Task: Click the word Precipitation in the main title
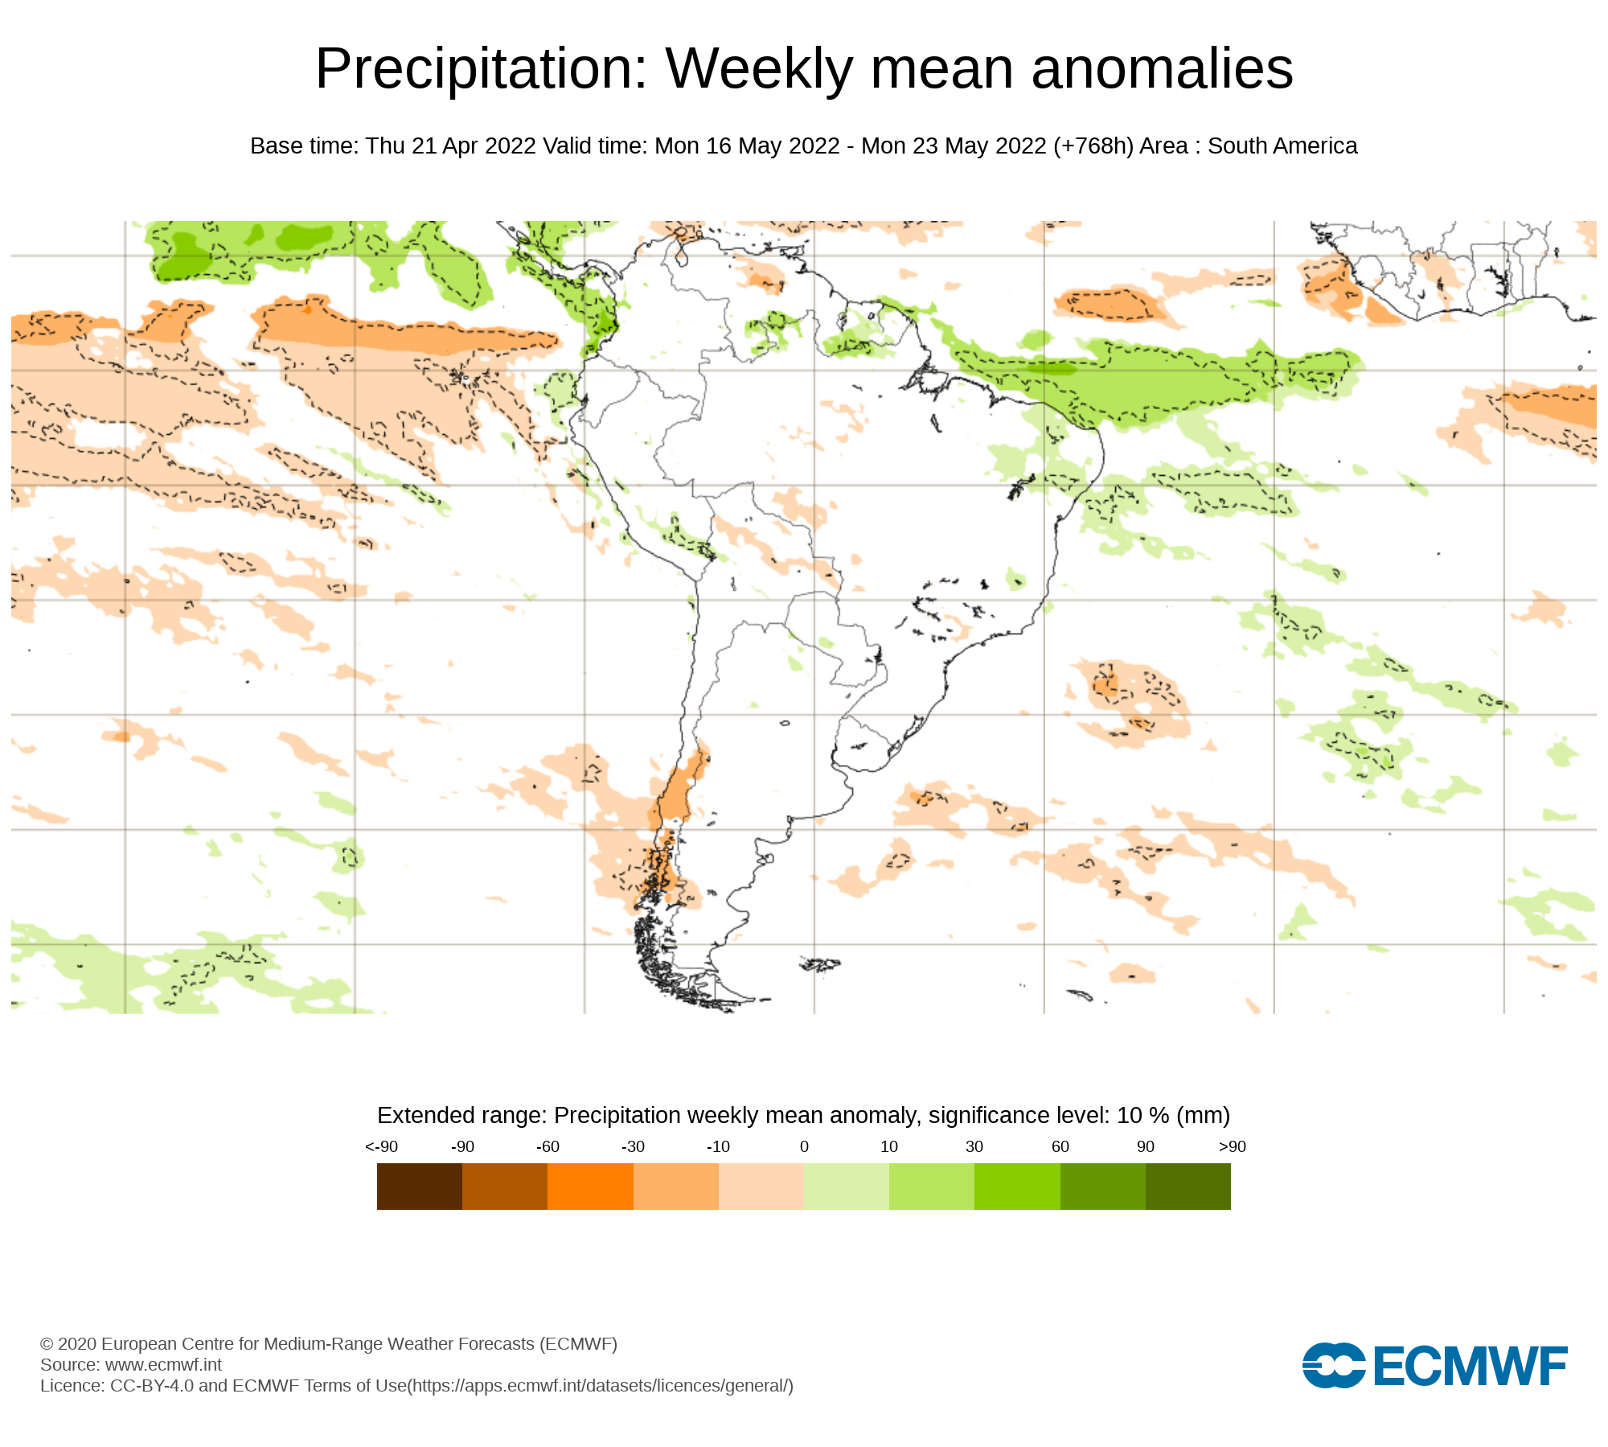pos(481,69)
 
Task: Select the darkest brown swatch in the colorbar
pos(419,1187)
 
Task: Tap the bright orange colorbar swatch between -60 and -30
pos(590,1187)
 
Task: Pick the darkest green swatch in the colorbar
pos(1188,1187)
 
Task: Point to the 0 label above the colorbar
pos(804,1147)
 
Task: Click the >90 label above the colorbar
pos(1232,1147)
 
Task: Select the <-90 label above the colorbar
pos(381,1147)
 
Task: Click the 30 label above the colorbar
pos(974,1147)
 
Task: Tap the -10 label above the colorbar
pos(718,1147)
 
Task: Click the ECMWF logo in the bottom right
pos(1434,1365)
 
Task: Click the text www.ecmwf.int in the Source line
pos(163,1365)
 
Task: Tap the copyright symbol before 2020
pos(47,1344)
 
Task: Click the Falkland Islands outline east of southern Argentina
pos(820,964)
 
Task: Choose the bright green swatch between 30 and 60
pos(1017,1187)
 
